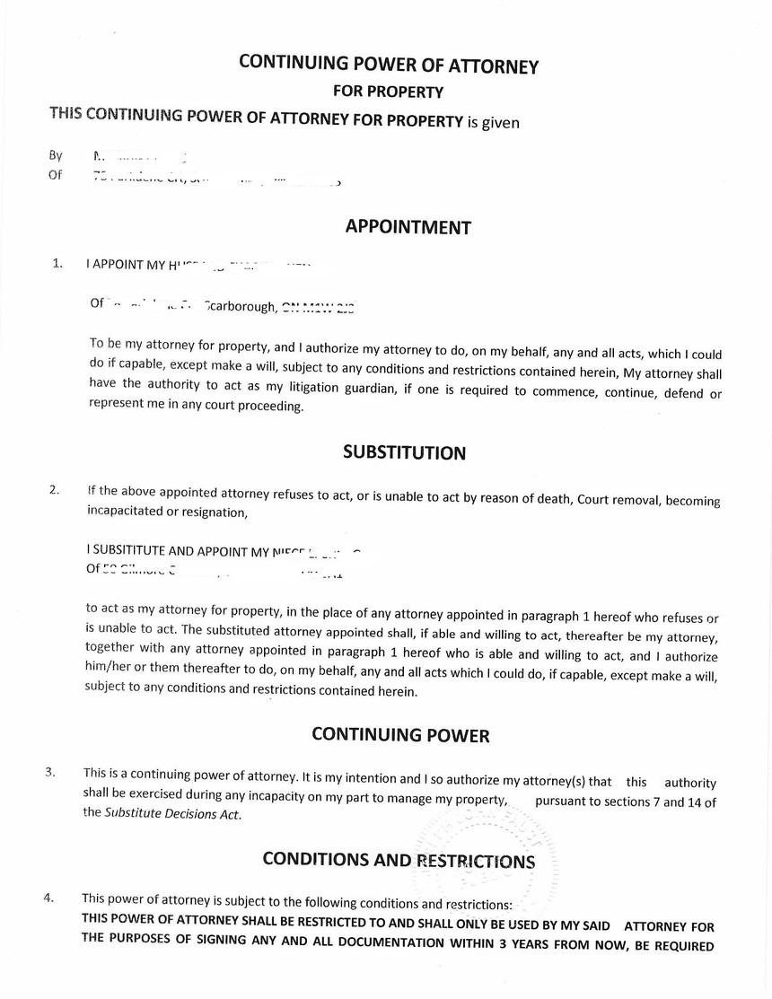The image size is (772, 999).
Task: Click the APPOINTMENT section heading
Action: [x=408, y=227]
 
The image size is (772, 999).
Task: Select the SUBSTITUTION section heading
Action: [x=404, y=452]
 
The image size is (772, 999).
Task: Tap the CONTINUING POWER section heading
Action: [x=400, y=735]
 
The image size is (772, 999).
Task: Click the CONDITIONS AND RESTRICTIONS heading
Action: [x=399, y=860]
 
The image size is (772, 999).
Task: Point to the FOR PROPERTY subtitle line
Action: [x=388, y=91]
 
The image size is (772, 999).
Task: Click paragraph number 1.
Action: [x=57, y=263]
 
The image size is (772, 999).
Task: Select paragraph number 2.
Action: [x=55, y=490]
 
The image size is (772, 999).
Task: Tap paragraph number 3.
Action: [x=50, y=772]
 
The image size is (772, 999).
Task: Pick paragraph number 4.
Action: [x=48, y=898]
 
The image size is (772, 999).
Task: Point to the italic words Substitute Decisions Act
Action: [x=172, y=814]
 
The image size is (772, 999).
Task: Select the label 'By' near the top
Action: [x=56, y=155]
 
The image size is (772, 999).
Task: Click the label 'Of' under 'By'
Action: [x=56, y=175]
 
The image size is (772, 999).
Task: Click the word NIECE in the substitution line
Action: [x=289, y=551]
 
